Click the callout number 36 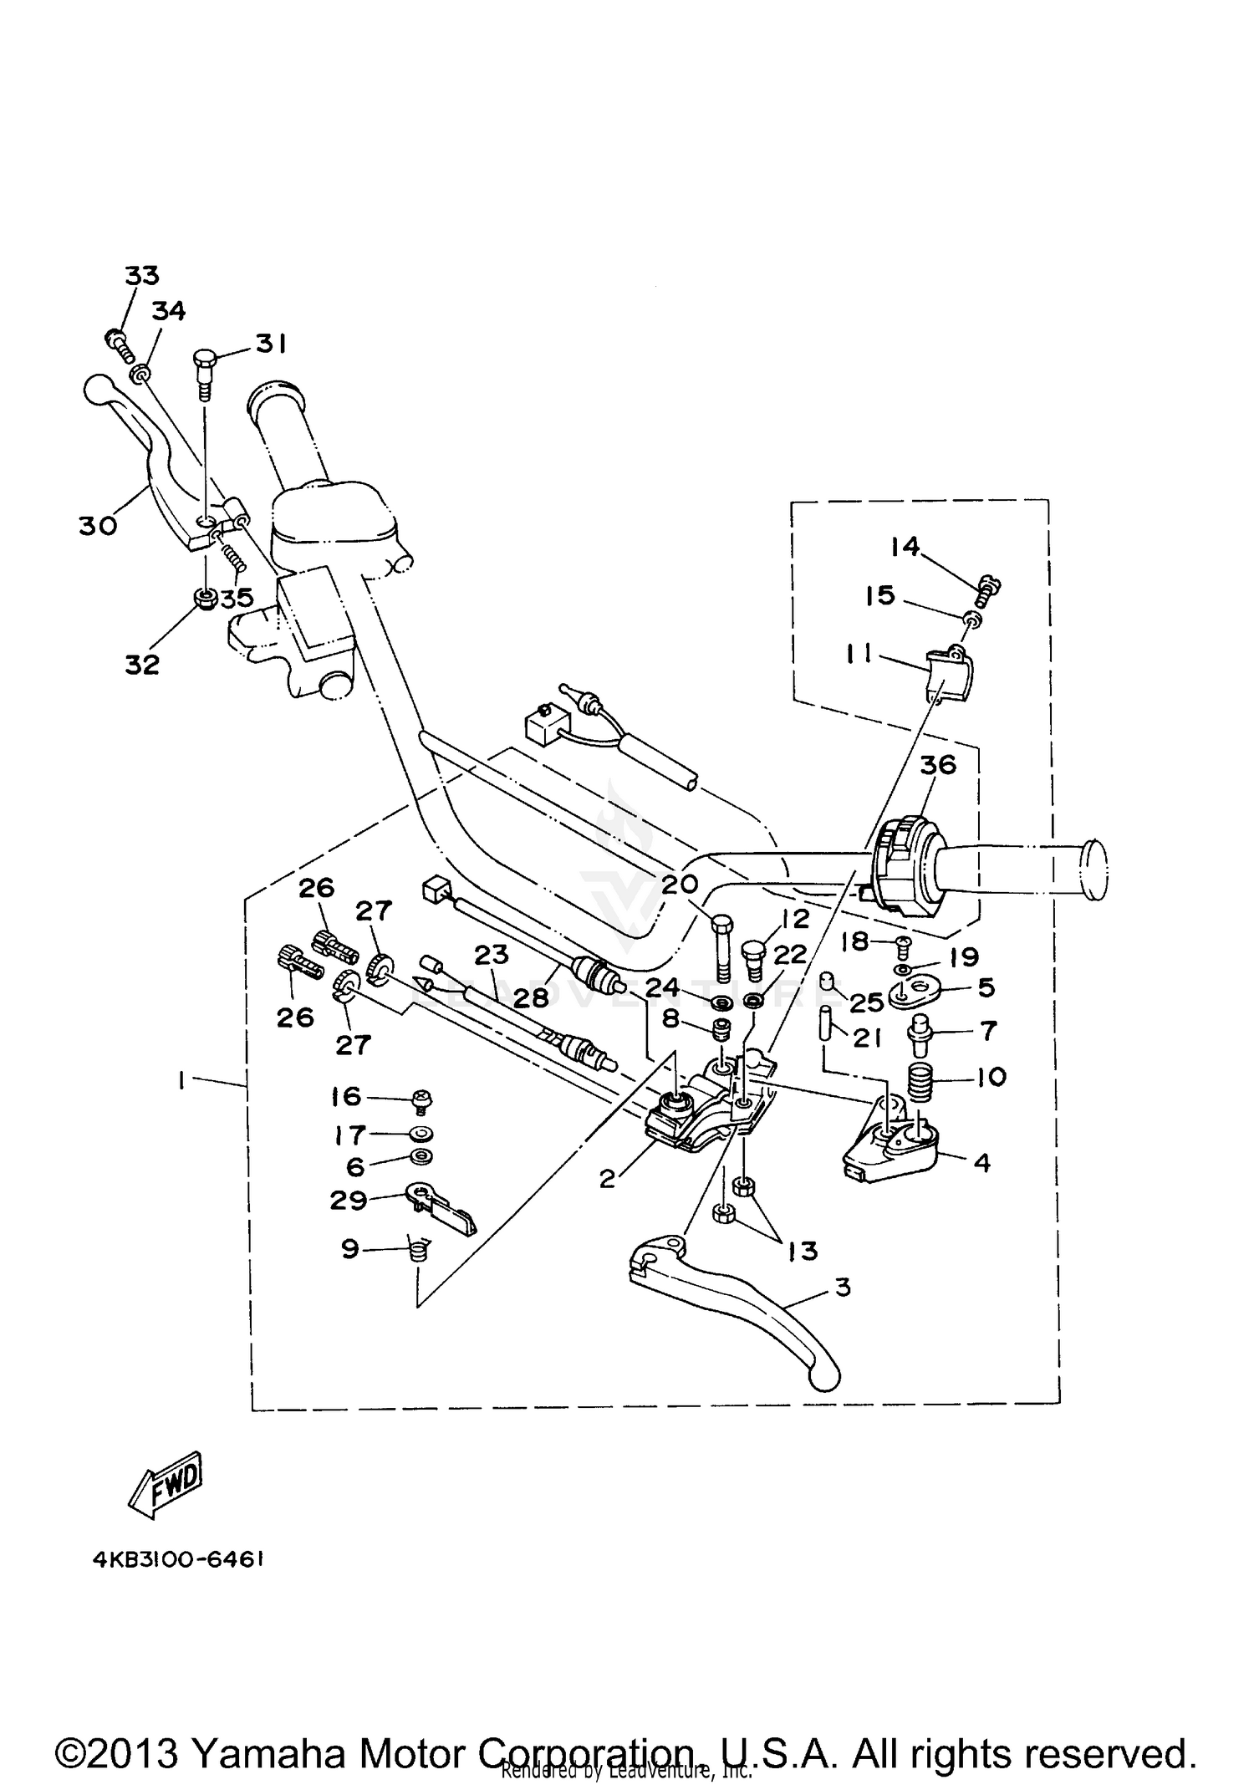pos(937,765)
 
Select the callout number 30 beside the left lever pos(98,526)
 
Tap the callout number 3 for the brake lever pos(843,1288)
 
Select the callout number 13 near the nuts pos(803,1251)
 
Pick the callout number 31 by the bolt pos(270,344)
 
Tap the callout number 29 pos(349,1200)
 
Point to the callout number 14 pos(905,547)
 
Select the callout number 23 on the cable pos(492,955)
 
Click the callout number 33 pos(141,274)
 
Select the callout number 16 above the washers pos(346,1096)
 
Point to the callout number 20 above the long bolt pos(679,884)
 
